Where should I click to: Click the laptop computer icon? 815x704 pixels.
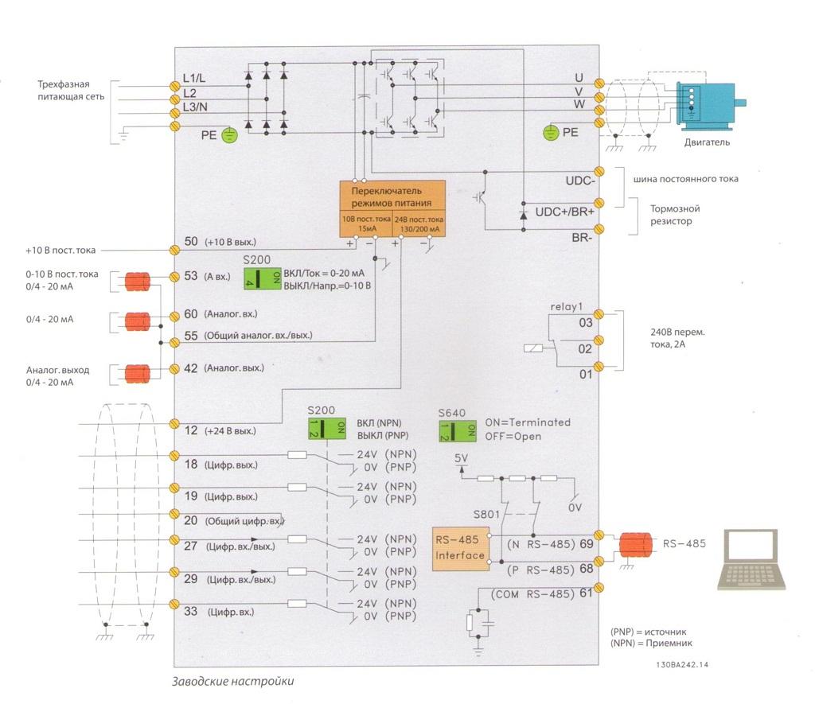(x=747, y=558)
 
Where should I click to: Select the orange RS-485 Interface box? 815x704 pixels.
(x=459, y=548)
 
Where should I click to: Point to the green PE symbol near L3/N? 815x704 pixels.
(x=228, y=136)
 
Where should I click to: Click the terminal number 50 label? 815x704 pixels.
(x=190, y=241)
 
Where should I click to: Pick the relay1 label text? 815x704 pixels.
(x=566, y=306)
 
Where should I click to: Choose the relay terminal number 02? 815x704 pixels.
(x=585, y=349)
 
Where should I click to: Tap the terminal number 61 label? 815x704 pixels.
(x=585, y=593)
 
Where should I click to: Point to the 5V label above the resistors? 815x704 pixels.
(x=461, y=458)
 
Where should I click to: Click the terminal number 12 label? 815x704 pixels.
(x=190, y=430)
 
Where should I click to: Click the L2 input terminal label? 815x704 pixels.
(x=189, y=94)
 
